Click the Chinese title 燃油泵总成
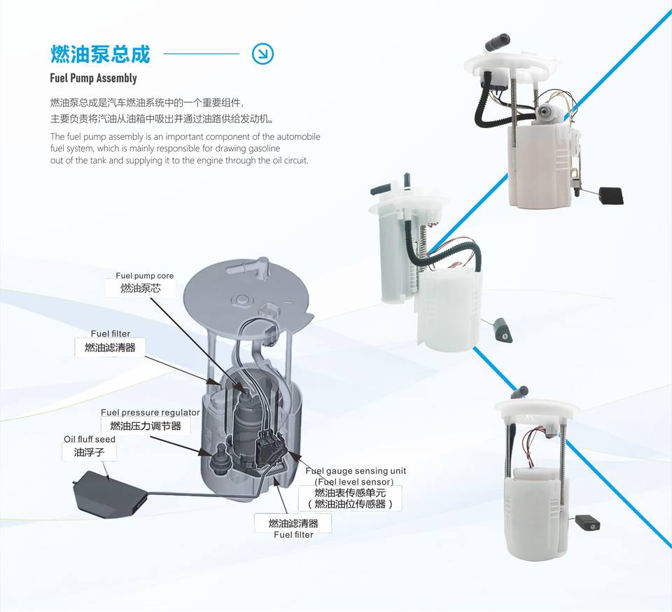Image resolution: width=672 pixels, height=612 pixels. point(100,55)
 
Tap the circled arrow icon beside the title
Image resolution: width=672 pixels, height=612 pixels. point(262,54)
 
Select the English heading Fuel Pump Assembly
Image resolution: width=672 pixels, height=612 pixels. point(93,78)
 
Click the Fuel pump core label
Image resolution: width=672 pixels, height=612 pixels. point(144,276)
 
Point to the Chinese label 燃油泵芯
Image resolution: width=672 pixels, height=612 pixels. point(140,288)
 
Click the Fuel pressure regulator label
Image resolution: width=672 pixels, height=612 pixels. point(150,412)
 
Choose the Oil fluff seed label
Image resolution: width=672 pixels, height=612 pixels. point(90,439)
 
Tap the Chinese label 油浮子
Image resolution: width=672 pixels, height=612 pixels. point(89,452)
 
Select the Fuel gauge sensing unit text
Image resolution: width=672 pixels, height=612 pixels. point(356,471)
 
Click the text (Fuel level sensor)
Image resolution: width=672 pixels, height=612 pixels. point(354,482)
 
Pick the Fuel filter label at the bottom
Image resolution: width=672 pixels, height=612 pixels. point(293,534)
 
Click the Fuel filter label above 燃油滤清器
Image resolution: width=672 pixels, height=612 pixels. point(110,333)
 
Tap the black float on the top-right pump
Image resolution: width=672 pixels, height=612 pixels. point(611,195)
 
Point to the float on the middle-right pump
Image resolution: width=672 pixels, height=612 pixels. point(502,330)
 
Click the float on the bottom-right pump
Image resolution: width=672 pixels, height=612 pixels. point(587,522)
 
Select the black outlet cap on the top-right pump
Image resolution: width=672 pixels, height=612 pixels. point(498,43)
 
